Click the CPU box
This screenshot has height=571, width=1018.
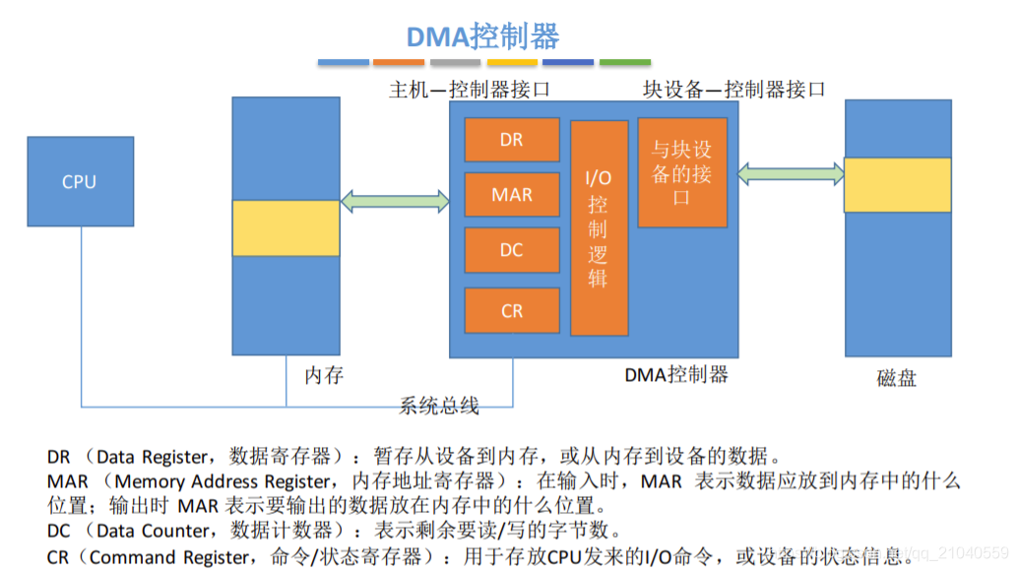pyautogui.click(x=80, y=181)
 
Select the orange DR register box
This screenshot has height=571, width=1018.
pyautogui.click(x=511, y=140)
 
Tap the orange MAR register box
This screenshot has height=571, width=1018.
pyautogui.click(x=511, y=195)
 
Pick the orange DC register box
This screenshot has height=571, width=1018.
pyautogui.click(x=511, y=250)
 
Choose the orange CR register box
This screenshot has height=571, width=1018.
pyautogui.click(x=511, y=310)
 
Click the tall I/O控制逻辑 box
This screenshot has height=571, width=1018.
pyautogui.click(x=599, y=227)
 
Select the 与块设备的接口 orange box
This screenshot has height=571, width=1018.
pyautogui.click(x=682, y=172)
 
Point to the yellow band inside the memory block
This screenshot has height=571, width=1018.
pyautogui.click(x=286, y=227)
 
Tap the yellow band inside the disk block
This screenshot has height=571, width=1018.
pyautogui.click(x=898, y=184)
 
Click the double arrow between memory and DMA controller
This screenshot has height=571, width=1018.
pyautogui.click(x=395, y=202)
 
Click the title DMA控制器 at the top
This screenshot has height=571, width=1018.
pyautogui.click(x=482, y=36)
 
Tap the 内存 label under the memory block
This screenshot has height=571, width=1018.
pyautogui.click(x=324, y=374)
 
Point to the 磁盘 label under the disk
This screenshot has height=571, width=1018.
pyautogui.click(x=896, y=377)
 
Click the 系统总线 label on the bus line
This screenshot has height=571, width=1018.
pyautogui.click(x=439, y=405)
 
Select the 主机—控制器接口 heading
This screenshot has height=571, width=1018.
pyautogui.click(x=469, y=90)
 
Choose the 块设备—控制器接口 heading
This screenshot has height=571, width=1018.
pyautogui.click(x=733, y=90)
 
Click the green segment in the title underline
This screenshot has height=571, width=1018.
pyautogui.click(x=625, y=62)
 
